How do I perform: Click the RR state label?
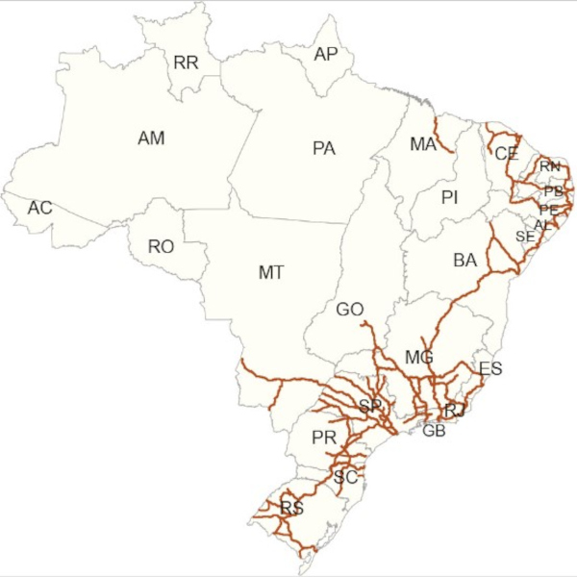point(186,63)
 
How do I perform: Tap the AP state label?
point(326,55)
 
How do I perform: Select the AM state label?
point(151,138)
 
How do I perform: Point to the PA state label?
point(323,149)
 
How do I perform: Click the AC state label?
point(39,208)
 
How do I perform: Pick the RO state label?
point(161,247)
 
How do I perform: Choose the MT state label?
point(271,273)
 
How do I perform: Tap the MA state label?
point(422,144)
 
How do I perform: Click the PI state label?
point(449,198)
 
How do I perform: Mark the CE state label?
point(506,154)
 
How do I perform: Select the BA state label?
point(464,260)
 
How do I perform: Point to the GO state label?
point(350,310)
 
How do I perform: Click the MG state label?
point(419,358)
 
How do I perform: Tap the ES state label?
point(489,368)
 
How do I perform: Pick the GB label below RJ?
point(434,430)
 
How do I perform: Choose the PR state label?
point(323,439)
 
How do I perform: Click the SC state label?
point(345,477)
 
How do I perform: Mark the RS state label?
point(291,508)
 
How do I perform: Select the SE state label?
point(524,237)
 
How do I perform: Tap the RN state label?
point(549,167)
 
